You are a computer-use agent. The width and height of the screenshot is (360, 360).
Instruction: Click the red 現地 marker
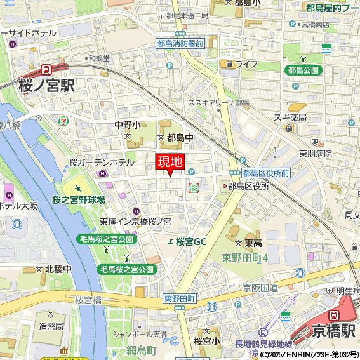click(170, 162)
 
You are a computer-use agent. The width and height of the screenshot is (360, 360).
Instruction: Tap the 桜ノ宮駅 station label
click(47, 85)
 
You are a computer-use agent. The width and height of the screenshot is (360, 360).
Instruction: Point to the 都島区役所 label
click(248, 186)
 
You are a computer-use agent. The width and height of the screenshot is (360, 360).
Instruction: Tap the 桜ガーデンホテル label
click(105, 163)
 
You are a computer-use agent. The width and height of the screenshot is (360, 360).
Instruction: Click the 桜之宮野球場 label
click(79, 199)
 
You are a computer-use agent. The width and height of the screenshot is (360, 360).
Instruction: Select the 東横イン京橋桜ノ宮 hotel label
click(135, 222)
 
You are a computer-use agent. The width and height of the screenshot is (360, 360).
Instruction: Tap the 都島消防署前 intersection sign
click(180, 43)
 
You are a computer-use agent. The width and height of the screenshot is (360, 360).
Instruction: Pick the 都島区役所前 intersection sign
click(266, 173)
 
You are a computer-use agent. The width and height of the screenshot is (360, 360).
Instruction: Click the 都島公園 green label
click(302, 70)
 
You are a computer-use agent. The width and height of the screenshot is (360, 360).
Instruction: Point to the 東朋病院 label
click(316, 153)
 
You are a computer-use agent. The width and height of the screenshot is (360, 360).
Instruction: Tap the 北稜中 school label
click(58, 269)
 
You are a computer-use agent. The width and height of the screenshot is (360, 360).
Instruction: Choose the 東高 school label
click(253, 243)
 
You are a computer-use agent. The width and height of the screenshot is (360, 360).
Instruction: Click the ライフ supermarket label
click(246, 64)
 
